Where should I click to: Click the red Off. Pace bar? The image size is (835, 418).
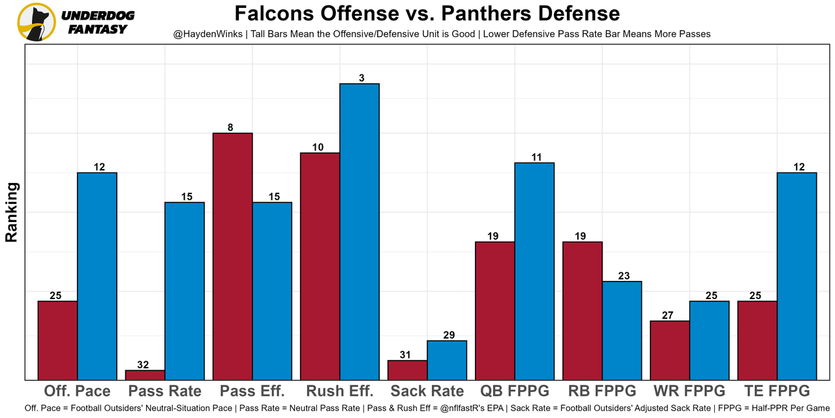pos(57,340)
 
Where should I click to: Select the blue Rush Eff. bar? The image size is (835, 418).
pos(359,231)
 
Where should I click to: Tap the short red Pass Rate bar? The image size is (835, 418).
pos(145,375)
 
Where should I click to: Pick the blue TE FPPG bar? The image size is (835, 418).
pos(797,276)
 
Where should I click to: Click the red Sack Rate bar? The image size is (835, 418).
pos(407,370)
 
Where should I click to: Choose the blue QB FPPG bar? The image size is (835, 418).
pos(534,270)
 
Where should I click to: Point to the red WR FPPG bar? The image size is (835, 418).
pos(670,350)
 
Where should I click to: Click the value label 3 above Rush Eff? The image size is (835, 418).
pos(361,78)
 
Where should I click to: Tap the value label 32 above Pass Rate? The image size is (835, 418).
pos(143,365)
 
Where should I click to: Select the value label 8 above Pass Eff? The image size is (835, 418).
pos(230,128)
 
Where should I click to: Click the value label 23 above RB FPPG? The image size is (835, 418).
pos(623,276)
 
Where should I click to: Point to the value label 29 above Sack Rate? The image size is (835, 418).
pos(449,335)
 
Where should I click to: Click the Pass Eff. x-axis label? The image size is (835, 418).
pos(252,391)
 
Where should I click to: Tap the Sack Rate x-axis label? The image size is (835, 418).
pos(427,391)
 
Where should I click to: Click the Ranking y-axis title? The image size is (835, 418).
pos(11,212)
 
